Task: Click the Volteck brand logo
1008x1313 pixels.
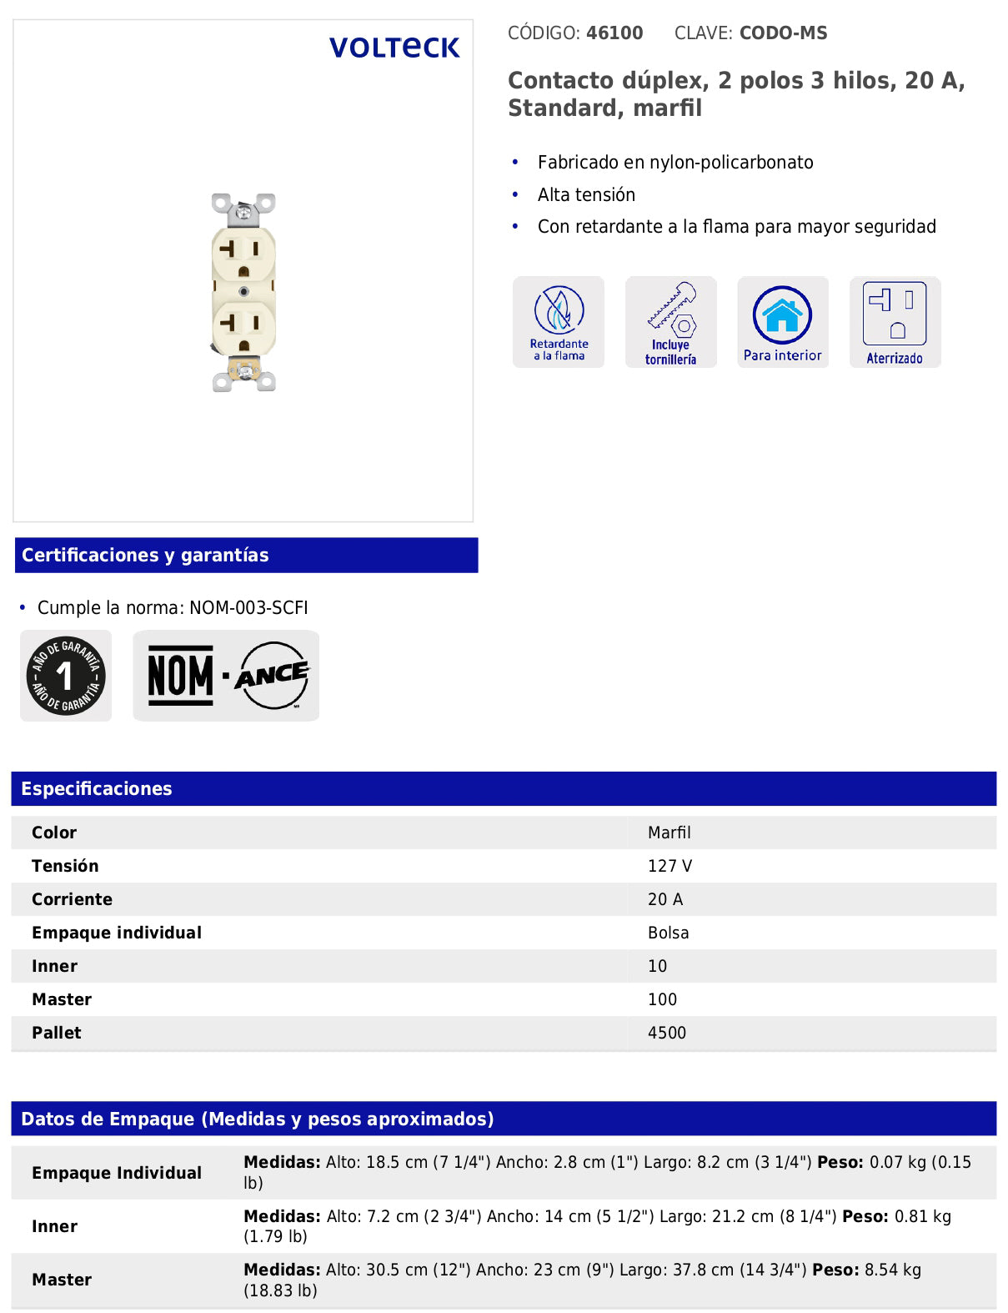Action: [394, 48]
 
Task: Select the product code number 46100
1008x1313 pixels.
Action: [614, 33]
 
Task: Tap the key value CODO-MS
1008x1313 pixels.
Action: [783, 33]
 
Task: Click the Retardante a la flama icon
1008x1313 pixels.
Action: [559, 321]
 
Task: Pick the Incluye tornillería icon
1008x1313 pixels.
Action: [670, 321]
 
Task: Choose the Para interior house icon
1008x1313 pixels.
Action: [782, 321]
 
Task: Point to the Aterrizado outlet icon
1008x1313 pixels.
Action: [895, 321]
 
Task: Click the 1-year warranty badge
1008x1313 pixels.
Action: [66, 676]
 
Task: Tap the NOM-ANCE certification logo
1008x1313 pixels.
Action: [226, 676]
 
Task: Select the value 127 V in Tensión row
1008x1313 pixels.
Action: [669, 866]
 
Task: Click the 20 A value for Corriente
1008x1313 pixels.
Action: [664, 899]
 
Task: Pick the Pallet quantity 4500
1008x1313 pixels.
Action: [666, 1033]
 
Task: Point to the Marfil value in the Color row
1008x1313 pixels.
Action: [669, 833]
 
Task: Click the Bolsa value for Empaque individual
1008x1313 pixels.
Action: [668, 933]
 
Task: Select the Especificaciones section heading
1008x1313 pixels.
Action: [97, 789]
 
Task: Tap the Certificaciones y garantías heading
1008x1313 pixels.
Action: [145, 556]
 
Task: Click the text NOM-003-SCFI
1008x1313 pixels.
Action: [248, 608]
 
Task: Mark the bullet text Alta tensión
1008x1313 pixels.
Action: [586, 195]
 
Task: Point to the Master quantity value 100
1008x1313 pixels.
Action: [662, 999]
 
